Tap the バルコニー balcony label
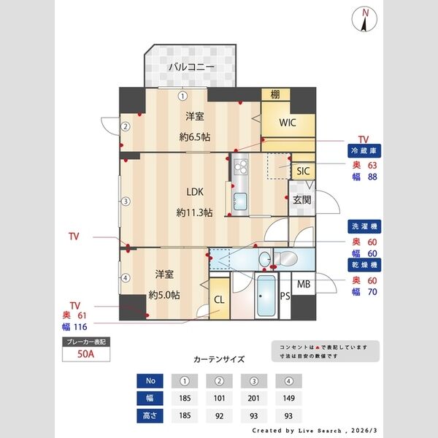coord(191,67)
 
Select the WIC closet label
coord(288,122)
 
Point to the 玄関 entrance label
coord(302,199)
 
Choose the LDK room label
coord(194,193)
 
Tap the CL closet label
coord(219,298)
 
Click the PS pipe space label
coord(285,296)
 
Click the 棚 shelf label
coord(275,94)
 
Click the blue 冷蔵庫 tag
coord(365,151)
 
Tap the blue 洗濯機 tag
coord(365,226)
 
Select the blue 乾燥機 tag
coord(365,264)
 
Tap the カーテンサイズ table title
coord(219,359)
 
